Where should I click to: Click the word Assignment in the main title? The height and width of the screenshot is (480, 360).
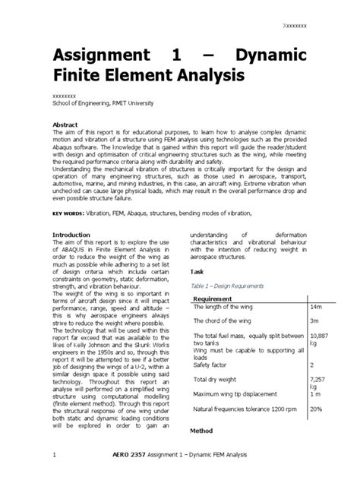(103, 55)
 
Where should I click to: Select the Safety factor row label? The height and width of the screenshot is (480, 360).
(214, 365)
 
